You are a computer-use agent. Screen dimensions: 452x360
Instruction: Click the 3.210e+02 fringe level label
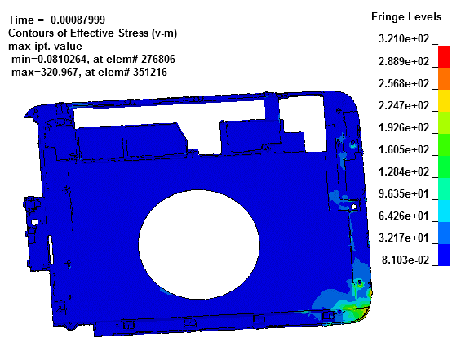(404, 38)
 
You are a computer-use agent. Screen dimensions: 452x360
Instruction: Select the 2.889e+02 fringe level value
(404, 61)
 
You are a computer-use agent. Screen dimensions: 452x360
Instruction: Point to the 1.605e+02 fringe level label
(404, 149)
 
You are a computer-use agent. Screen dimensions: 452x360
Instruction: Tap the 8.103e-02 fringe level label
(405, 260)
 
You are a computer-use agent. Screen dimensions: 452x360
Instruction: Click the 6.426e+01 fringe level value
(404, 216)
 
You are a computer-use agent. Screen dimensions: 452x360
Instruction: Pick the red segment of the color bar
(444, 56)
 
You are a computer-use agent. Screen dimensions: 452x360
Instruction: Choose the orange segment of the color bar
(444, 78)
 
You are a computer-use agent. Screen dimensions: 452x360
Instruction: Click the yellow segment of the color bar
(444, 100)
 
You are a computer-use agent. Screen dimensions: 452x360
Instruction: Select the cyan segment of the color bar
(444, 211)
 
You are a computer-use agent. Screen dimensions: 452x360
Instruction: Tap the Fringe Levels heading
(406, 16)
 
